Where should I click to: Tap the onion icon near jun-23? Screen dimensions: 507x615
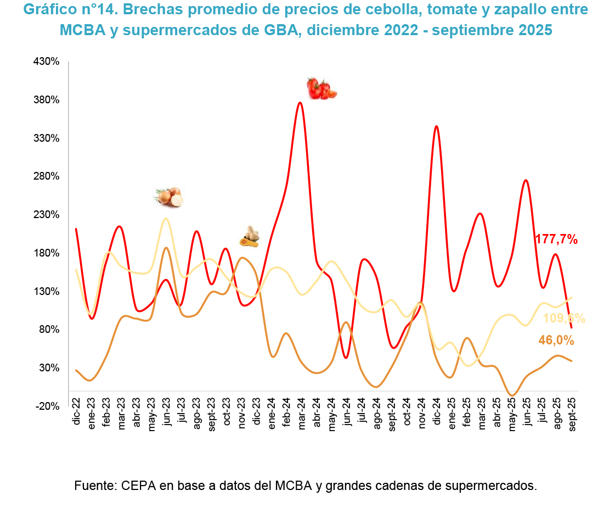(x=168, y=197)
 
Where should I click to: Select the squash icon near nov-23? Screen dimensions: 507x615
(x=250, y=236)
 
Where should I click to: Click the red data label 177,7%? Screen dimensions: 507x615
(x=556, y=239)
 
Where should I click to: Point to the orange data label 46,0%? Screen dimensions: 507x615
(x=556, y=341)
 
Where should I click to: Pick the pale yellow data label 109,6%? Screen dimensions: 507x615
(x=563, y=319)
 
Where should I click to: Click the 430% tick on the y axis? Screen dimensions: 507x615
(x=46, y=62)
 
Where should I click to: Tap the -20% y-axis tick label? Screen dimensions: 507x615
(x=47, y=406)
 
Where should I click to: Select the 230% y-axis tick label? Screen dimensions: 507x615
(x=46, y=215)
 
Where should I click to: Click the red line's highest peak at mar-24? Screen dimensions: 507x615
(x=300, y=103)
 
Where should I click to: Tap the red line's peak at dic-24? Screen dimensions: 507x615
(x=436, y=126)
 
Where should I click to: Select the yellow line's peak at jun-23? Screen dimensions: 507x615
(x=165, y=219)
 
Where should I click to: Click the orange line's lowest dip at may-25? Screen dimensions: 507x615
(x=512, y=395)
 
